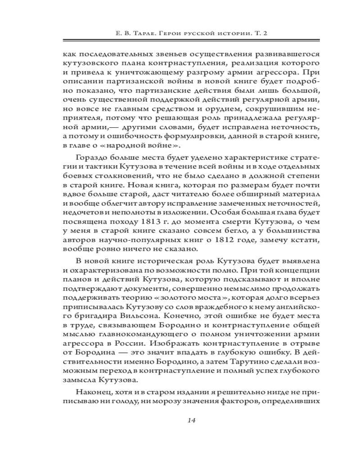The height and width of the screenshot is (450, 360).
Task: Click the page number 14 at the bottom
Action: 190,420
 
